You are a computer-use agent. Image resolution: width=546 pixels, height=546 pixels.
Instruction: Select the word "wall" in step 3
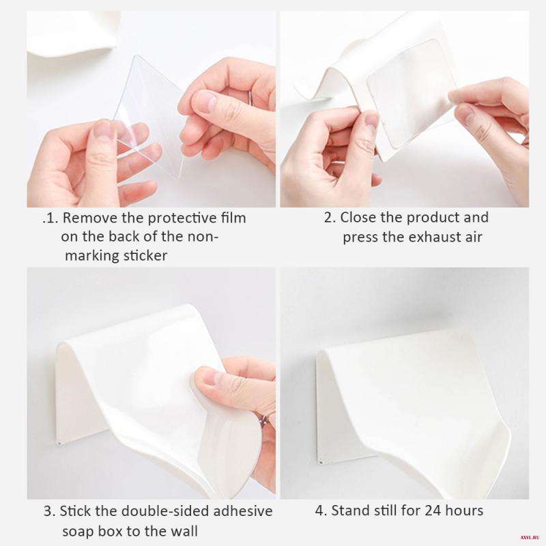pos(184,531)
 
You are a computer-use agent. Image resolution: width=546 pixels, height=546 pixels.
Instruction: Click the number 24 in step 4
pos(435,511)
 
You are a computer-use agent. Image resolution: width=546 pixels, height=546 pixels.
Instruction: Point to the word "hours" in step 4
pos(465,511)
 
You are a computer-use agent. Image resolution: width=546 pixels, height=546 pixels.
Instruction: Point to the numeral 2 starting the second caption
pos(328,218)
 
